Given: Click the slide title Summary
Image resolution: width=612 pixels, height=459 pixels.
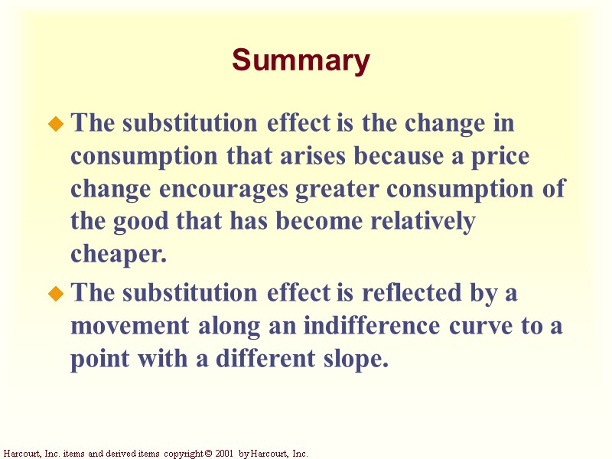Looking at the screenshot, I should (301, 60).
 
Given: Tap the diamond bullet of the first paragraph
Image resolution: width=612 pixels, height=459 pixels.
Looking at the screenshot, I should (55, 124).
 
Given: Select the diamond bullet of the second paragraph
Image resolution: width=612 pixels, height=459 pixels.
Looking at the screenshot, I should (55, 294).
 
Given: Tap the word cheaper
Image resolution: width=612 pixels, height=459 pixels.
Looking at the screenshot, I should (119, 255).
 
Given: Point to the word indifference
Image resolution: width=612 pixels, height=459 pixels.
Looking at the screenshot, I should (372, 326).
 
